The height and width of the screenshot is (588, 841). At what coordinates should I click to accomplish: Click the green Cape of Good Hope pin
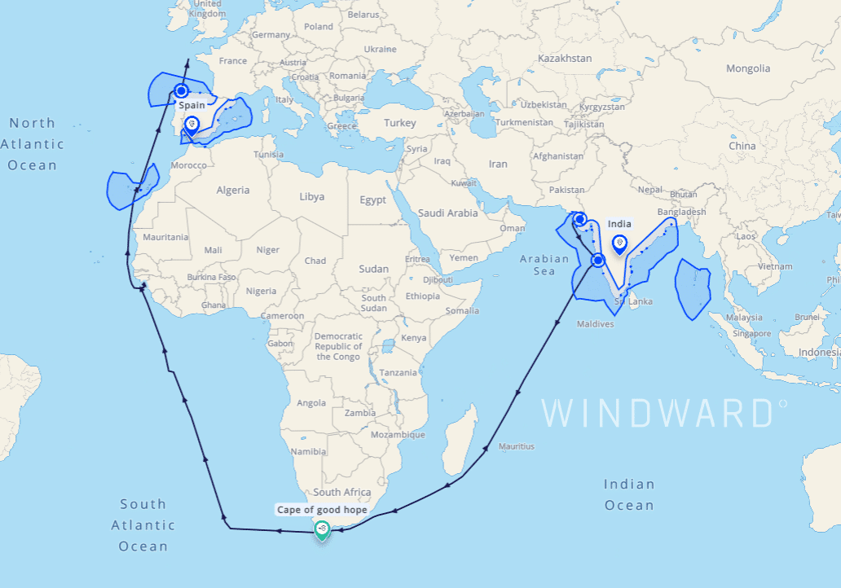322,530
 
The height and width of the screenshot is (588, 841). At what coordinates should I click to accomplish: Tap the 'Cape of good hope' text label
322,510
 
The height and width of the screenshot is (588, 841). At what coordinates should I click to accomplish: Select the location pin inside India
619,243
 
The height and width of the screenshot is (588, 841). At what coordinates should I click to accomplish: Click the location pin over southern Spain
192,125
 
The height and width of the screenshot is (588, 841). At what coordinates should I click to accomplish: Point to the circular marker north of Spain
181,91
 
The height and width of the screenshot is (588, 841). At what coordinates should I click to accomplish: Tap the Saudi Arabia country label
447,213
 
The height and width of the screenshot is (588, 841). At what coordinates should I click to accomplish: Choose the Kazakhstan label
565,59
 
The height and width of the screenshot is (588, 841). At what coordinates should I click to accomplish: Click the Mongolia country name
748,68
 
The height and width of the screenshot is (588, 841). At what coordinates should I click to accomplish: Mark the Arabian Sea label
544,265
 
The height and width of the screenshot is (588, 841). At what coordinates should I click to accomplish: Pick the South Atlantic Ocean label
143,525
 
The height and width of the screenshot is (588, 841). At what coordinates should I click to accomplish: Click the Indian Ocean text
629,494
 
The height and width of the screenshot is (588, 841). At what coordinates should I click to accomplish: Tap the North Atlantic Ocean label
33,144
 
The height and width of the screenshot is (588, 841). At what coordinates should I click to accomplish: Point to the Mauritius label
516,446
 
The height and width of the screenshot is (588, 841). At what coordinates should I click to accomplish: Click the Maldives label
595,324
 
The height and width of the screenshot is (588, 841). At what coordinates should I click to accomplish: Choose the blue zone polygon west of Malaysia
693,289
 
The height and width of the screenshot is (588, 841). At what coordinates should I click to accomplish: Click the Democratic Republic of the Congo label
338,346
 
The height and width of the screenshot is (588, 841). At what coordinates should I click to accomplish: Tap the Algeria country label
232,190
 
